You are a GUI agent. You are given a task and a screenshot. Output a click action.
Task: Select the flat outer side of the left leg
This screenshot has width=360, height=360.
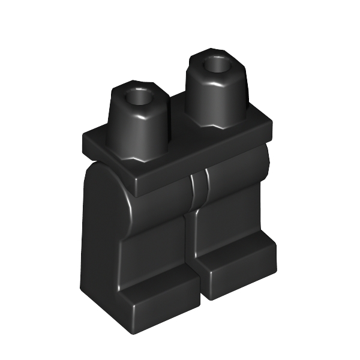coord(99,240)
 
